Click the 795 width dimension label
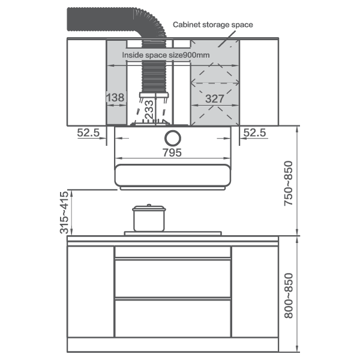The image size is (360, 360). tap(172, 152)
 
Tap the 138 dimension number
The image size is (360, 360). tap(115, 98)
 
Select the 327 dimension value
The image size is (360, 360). tap(215, 99)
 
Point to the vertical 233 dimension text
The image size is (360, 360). tap(149, 110)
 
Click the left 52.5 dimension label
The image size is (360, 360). tap(88, 133)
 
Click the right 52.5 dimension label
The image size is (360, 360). tap(254, 133)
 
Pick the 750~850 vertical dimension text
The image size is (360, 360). tap(289, 183)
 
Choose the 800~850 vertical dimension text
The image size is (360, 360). tap(289, 295)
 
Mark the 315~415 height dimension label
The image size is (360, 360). tap(64, 212)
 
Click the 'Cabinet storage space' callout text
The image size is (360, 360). tap(213, 25)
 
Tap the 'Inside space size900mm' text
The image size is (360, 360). tap(166, 55)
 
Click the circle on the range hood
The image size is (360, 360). tap(173, 138)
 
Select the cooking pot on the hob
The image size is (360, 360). tap(149, 218)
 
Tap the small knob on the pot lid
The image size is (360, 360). tap(149, 205)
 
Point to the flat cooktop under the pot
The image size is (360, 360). tap(173, 233)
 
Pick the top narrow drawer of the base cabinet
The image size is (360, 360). tap(173, 252)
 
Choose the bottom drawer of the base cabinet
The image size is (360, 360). tap(173, 318)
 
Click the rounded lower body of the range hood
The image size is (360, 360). tap(172, 175)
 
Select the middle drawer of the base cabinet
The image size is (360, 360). tap(173, 278)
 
